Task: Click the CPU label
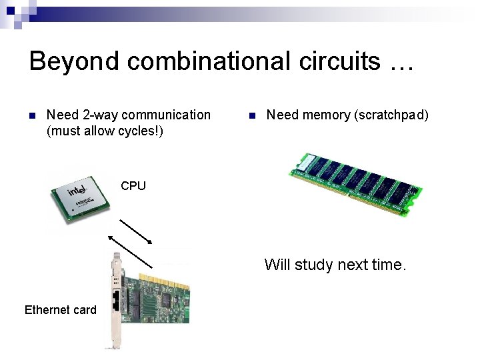[x=133, y=186]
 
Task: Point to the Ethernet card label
[x=60, y=310]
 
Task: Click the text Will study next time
[x=335, y=265]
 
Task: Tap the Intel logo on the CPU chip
[x=77, y=191]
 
